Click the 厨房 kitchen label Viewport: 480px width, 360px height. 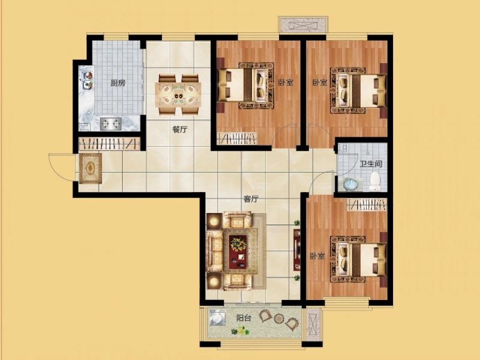pos(118,83)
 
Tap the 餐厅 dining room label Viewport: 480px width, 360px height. pos(179,130)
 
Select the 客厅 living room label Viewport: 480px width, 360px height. pos(251,199)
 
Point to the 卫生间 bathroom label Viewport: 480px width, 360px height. pos(371,164)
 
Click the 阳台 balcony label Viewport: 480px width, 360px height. pos(244,318)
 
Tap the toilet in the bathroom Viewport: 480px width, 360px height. pos(374,181)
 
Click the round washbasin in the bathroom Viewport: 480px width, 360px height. pos(350,184)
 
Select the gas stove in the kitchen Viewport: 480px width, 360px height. pos(111,124)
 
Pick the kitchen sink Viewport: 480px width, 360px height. pos(88,80)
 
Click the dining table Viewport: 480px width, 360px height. pos(178,95)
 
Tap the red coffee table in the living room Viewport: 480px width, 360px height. pos(238,251)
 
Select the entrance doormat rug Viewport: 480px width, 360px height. pos(91,169)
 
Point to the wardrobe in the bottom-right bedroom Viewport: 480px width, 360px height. pos(367,205)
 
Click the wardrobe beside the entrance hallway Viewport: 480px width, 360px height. pos(110,143)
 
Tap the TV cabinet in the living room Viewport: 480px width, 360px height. pos(296,250)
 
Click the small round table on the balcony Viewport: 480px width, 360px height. pos(278,319)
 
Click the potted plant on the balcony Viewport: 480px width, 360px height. pos(242,331)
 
